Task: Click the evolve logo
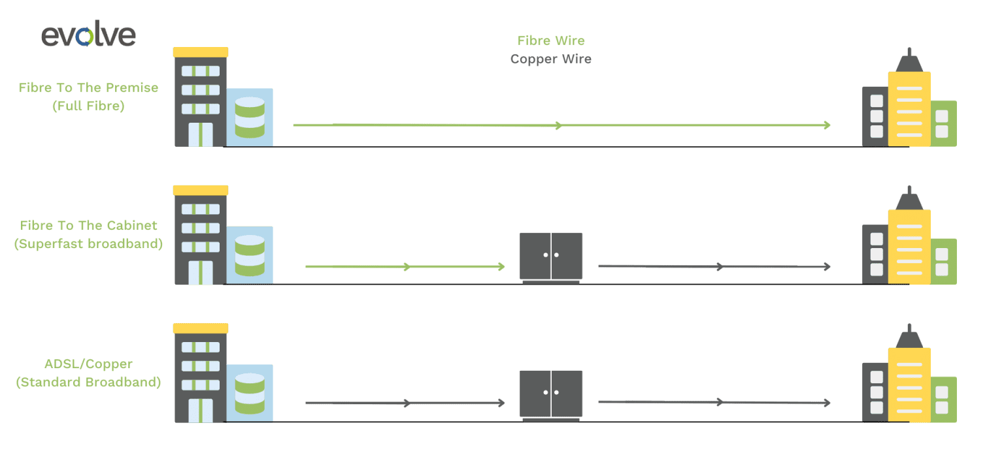point(88,35)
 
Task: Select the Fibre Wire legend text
point(550,40)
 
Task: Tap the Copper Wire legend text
point(550,59)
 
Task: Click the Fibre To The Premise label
point(88,87)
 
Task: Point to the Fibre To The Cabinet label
point(89,226)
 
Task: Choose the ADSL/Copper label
point(88,364)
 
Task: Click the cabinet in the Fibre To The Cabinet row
point(550,257)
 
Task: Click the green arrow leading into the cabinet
point(405,267)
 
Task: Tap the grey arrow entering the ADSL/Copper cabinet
point(405,403)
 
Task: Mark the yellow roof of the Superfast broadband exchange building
point(201,190)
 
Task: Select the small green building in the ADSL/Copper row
point(943,398)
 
